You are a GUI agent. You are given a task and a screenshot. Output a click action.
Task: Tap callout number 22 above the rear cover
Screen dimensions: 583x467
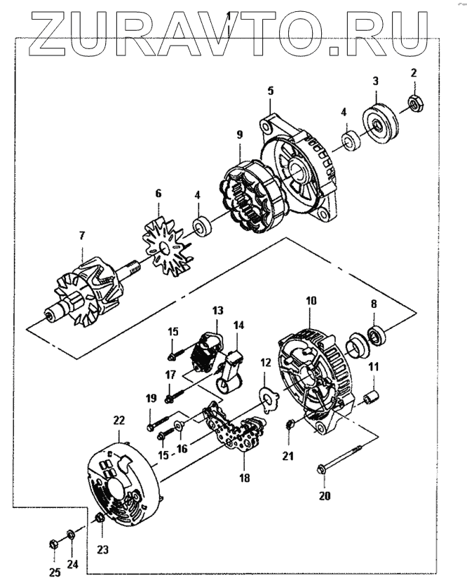(x=119, y=420)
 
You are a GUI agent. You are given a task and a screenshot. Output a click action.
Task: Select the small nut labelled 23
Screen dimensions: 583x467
(x=100, y=518)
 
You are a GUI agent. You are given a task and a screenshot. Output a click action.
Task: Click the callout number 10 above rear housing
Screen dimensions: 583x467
(x=311, y=300)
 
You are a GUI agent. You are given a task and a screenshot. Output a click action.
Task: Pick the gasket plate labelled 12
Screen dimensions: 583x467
(x=267, y=397)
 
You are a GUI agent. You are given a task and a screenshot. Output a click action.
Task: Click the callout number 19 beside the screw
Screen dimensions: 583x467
(x=151, y=398)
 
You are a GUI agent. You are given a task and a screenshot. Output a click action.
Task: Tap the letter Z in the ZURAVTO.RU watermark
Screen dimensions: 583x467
(x=48, y=35)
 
